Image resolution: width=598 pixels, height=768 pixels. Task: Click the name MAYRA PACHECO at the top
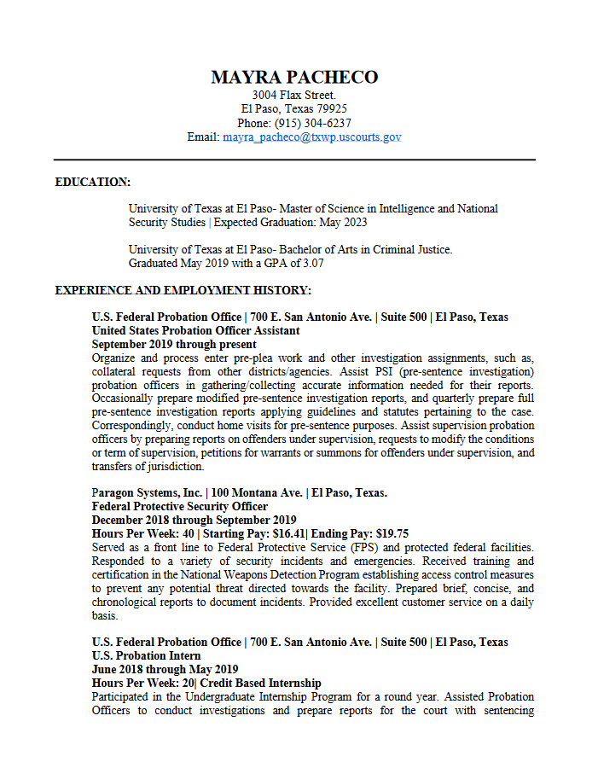pyautogui.click(x=294, y=78)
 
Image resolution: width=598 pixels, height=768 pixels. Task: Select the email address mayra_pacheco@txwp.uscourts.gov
pyautogui.click(x=312, y=137)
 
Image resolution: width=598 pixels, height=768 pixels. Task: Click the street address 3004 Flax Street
pyautogui.click(x=294, y=95)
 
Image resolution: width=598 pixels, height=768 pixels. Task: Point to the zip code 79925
pyautogui.click(x=330, y=109)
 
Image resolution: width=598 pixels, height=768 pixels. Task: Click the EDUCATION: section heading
pyautogui.click(x=93, y=182)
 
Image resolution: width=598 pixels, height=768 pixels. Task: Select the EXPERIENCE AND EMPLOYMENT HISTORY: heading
pyautogui.click(x=183, y=290)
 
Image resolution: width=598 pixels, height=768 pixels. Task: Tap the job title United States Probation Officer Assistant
pyautogui.click(x=195, y=331)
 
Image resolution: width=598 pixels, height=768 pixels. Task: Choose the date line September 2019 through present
pyautogui.click(x=174, y=345)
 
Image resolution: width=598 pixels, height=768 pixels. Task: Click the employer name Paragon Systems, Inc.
pyautogui.click(x=147, y=493)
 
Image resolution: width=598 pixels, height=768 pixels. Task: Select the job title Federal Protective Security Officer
pyautogui.click(x=180, y=507)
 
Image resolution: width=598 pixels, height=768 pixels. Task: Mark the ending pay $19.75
pyautogui.click(x=392, y=534)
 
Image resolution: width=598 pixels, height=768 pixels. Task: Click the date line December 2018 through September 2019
pyautogui.click(x=194, y=521)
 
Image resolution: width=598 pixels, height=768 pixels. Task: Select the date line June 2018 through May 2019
pyautogui.click(x=165, y=670)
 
